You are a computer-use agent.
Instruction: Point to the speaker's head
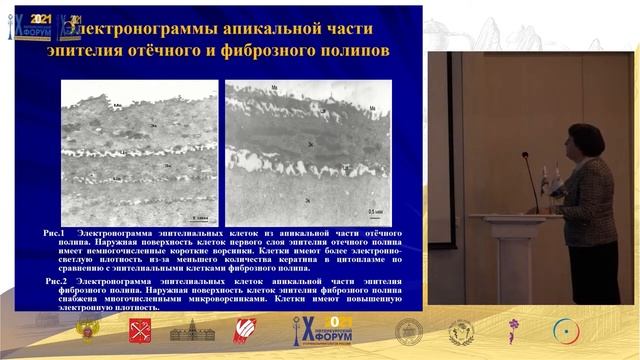(x=583, y=139)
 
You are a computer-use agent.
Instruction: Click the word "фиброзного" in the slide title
(x=260, y=49)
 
